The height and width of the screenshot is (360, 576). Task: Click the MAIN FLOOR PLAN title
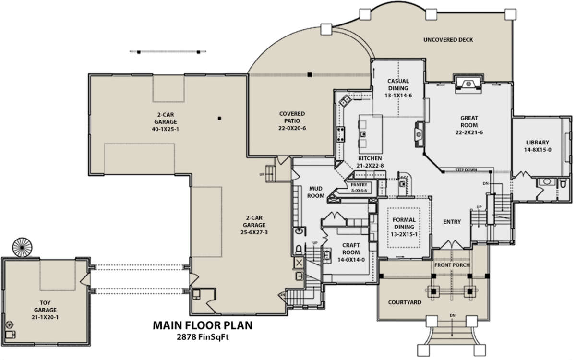click(203, 325)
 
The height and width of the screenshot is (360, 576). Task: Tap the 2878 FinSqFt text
click(203, 337)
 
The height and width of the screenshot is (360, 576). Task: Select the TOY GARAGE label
click(45, 306)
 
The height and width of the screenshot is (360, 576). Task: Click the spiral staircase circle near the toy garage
click(22, 247)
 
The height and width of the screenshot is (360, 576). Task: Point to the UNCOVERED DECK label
click(448, 39)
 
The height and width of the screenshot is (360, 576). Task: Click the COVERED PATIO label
click(292, 117)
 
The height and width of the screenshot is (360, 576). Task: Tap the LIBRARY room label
click(538, 142)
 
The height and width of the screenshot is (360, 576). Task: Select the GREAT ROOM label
click(469, 121)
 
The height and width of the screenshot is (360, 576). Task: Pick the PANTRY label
click(359, 185)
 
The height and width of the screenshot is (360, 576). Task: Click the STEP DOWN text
click(466, 170)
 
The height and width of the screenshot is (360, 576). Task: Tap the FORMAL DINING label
click(404, 223)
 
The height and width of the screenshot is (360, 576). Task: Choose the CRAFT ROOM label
click(351, 249)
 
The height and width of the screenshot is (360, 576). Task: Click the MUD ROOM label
click(316, 192)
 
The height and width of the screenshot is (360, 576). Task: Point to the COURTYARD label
click(405, 302)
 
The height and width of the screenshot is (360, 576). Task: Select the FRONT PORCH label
click(452, 265)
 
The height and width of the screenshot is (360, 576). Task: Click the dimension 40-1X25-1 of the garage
click(165, 129)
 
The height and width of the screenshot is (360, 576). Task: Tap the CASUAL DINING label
click(398, 84)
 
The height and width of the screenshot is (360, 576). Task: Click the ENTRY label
click(452, 221)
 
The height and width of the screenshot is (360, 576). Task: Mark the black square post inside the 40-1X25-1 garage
click(219, 118)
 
